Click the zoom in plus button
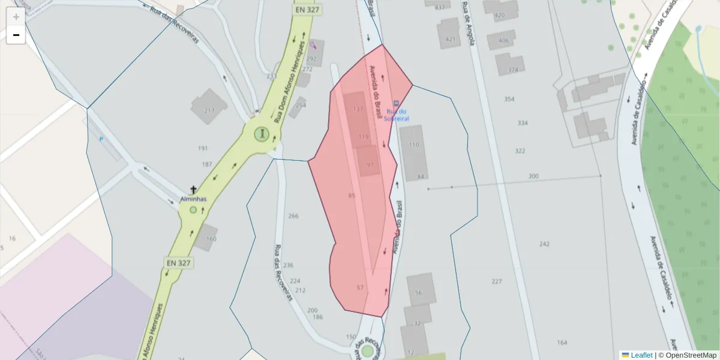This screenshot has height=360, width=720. click(16, 17)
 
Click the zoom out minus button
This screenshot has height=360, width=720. click(16, 35)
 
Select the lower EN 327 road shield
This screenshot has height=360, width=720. click(179, 263)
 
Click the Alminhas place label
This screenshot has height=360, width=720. click(193, 199)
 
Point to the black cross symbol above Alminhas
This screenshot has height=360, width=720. click(193, 190)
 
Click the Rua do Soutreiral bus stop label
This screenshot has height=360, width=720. click(397, 115)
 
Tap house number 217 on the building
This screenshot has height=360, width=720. click(209, 110)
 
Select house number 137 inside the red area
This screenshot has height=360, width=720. click(358, 109)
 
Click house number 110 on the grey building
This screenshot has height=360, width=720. click(414, 145)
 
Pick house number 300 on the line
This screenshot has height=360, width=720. click(533, 176)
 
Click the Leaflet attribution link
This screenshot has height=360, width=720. click(641, 355)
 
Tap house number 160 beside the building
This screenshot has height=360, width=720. click(211, 239)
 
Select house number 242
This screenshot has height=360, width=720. click(544, 244)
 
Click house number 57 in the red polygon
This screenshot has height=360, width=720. click(360, 287)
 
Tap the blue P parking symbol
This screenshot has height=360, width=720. click(101, 139)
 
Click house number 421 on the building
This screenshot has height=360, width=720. click(450, 40)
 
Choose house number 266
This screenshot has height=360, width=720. click(293, 216)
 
